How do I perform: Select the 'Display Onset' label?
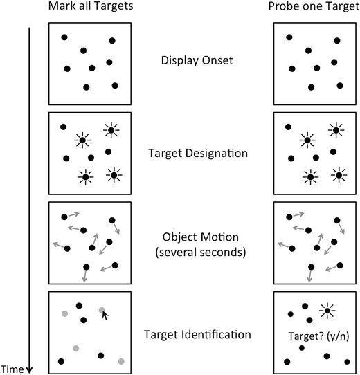click(197, 60)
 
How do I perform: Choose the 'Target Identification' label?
click(197, 334)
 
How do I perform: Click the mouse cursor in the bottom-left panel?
click(105, 315)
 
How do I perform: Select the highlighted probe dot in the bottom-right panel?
click(326, 311)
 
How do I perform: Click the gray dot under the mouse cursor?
click(101, 311)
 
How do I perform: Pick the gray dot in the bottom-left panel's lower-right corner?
click(121, 360)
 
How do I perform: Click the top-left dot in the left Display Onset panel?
click(64, 37)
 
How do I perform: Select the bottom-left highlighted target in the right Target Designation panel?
click(309, 177)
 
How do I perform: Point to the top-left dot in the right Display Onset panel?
click(289, 37)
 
